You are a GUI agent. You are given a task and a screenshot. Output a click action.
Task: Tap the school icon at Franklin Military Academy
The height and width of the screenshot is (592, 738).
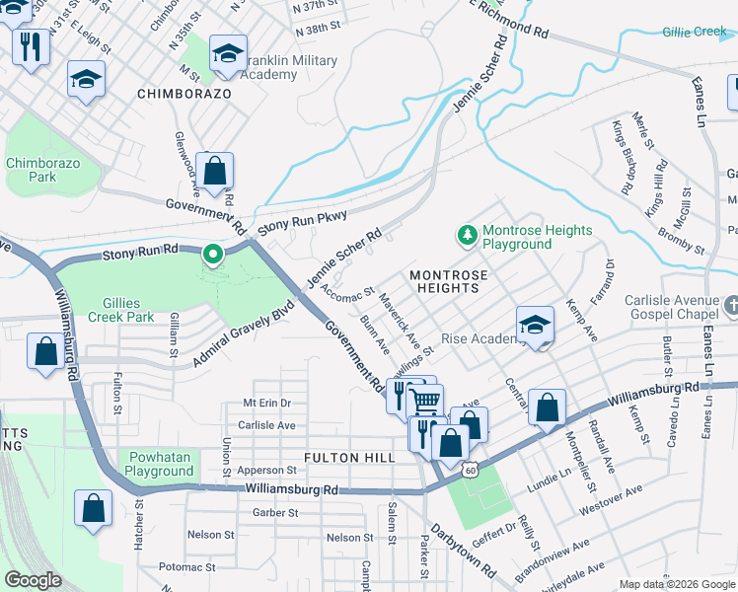coord(228,55)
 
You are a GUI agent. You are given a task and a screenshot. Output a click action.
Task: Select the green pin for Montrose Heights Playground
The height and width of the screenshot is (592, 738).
coord(466,236)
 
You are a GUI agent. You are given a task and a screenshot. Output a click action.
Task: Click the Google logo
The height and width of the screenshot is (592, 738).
coord(33,580)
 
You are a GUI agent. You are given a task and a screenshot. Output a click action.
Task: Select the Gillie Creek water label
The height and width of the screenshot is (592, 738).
coord(695,33)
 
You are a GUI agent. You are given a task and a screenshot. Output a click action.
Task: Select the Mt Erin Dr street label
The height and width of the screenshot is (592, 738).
coord(266,404)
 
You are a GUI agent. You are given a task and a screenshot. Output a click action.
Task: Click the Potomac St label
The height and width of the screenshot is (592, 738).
coord(187,567)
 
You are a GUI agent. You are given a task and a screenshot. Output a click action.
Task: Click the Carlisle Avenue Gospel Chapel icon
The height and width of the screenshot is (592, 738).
coord(730,306)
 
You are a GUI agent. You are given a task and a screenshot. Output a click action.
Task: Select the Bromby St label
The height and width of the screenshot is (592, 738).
coord(681,240)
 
